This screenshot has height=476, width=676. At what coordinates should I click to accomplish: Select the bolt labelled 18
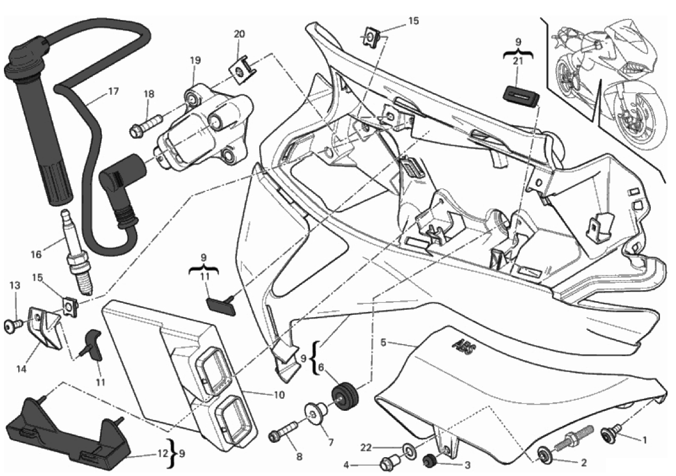click(146, 125)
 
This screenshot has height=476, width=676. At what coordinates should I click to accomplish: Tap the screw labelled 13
click(12, 325)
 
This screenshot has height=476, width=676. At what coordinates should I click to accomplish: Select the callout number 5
click(384, 343)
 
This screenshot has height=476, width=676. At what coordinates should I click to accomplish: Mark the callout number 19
click(196, 59)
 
